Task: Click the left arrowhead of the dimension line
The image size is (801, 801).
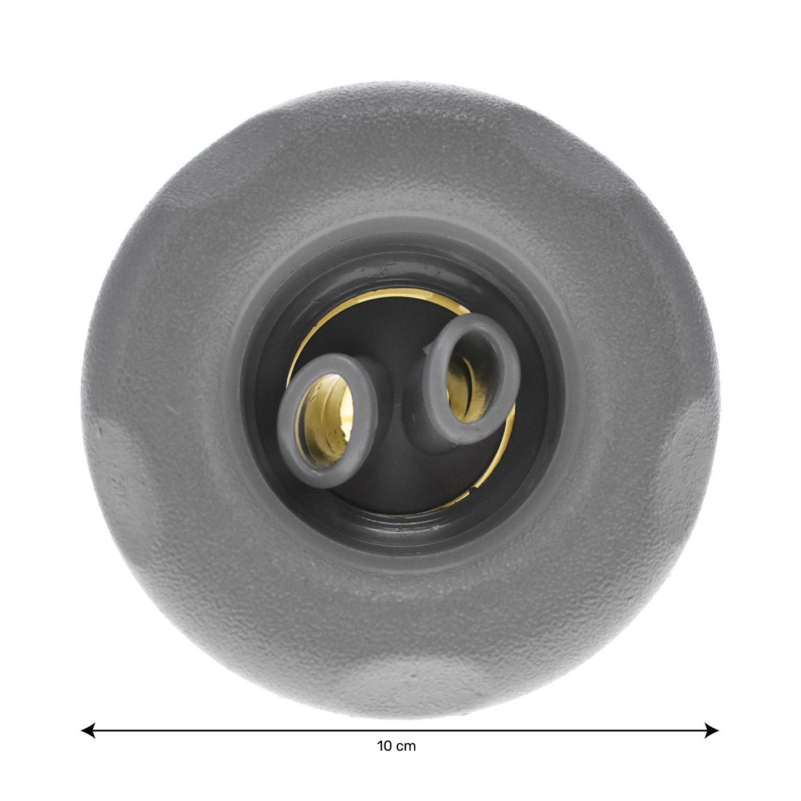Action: tap(88, 730)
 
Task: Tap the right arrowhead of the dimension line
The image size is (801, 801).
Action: tap(712, 730)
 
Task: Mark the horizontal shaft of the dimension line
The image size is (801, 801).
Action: tap(400, 730)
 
